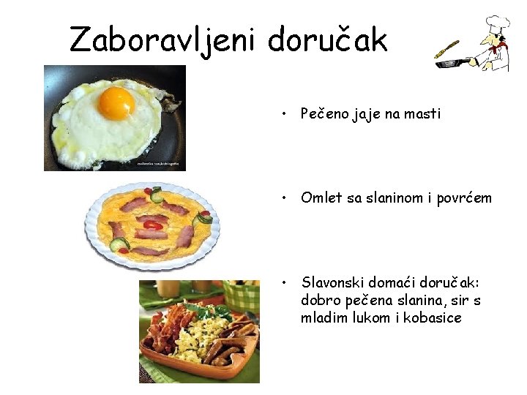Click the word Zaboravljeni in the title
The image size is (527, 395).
pos(162,40)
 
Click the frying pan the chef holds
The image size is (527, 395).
pos(449,64)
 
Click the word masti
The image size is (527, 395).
pos(422,114)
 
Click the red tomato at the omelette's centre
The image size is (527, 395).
pos(152,225)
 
